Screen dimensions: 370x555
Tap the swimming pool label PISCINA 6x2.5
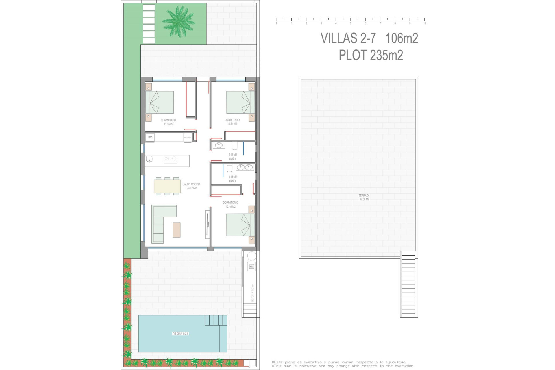(x=180, y=334)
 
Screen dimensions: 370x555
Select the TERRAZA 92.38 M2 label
(x=364, y=197)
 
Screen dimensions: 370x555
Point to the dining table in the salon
(x=167, y=186)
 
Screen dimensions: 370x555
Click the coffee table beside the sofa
(x=177, y=230)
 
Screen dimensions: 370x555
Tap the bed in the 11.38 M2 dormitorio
(x=160, y=102)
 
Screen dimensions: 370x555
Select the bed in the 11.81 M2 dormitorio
(x=240, y=102)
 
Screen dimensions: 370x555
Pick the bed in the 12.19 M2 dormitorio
(x=240, y=225)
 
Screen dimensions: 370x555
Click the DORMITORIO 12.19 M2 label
(x=230, y=205)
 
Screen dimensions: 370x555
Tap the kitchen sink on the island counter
(x=149, y=159)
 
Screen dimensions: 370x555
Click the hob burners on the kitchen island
(x=171, y=158)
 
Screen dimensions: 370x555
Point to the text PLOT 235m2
(x=371, y=55)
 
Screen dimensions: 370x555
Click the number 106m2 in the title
(x=402, y=38)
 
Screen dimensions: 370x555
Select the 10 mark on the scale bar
(x=424, y=23)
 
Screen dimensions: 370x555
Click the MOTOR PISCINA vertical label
(x=252, y=293)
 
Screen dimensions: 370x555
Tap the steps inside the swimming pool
(x=216, y=320)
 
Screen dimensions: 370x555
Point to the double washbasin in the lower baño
(x=245, y=167)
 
